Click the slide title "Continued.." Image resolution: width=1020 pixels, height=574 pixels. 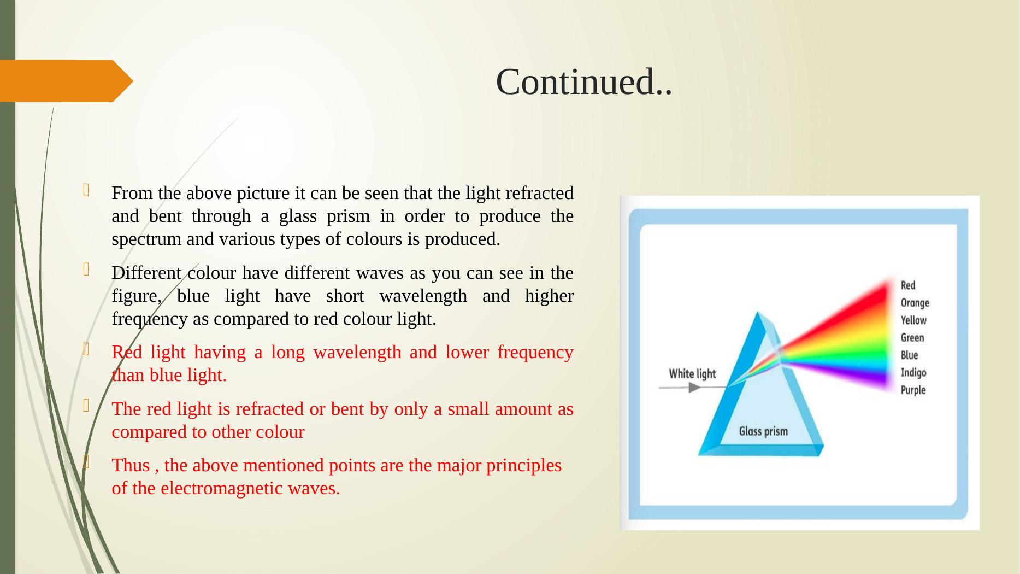(583, 82)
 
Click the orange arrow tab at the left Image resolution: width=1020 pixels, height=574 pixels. (66, 81)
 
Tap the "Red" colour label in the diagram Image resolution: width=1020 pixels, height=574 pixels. (908, 285)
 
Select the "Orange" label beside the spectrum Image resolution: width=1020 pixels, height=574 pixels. (915, 303)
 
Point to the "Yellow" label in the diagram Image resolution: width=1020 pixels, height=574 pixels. (913, 320)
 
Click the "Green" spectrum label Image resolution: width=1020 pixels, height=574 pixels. (912, 338)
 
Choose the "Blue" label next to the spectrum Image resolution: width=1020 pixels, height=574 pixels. (909, 355)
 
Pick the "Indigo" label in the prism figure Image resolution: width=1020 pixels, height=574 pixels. (913, 373)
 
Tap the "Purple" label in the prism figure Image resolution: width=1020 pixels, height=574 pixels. (913, 390)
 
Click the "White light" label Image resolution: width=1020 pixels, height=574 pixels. (692, 374)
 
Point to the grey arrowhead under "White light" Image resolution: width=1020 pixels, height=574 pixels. (694, 388)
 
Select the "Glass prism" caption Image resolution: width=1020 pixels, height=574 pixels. (763, 431)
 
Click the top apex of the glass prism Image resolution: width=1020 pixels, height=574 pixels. (758, 313)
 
